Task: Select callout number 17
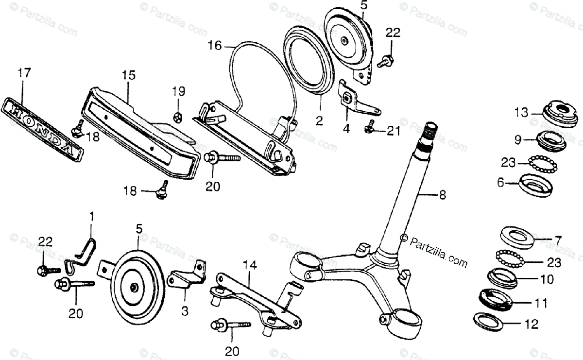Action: click(x=24, y=73)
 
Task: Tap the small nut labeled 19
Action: click(x=178, y=116)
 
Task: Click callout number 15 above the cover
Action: click(x=129, y=75)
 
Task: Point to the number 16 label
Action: click(x=214, y=46)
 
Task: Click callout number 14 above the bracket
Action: click(x=249, y=265)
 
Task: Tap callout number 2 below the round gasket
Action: click(x=319, y=121)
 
